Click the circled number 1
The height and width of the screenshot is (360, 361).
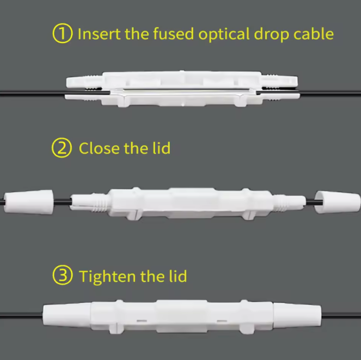[62, 34]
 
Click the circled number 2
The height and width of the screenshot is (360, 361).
[62, 148]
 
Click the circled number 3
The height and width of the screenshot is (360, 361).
[62, 276]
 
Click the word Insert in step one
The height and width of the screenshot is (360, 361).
[96, 34]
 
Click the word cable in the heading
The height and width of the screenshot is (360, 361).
[314, 34]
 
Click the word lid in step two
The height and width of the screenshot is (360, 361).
[161, 148]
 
